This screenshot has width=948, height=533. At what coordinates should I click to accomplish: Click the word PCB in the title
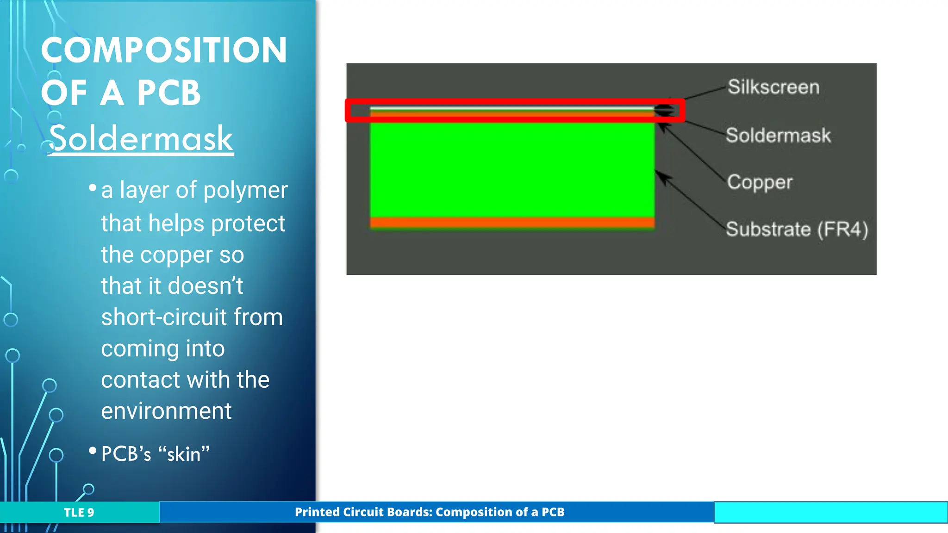point(168,93)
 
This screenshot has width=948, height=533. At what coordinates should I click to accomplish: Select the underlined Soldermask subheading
point(141,138)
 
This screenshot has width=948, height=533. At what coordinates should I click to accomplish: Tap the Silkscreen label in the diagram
point(773,87)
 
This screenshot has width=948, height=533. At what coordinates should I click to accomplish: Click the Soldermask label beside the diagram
point(778,136)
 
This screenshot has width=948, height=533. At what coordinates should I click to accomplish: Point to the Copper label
point(760,182)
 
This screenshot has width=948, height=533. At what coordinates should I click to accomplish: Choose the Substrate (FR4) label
point(797,229)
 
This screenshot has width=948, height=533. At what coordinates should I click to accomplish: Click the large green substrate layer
point(511,169)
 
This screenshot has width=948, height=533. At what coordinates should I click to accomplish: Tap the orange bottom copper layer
point(511,223)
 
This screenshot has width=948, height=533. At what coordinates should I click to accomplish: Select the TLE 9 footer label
point(79,513)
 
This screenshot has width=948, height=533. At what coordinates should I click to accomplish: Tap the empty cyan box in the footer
point(830,513)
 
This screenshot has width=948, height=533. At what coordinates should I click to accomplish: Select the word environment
point(166,411)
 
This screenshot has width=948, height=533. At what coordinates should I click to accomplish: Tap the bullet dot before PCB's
point(93,450)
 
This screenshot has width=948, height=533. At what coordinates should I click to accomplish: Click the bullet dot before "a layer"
point(93,187)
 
